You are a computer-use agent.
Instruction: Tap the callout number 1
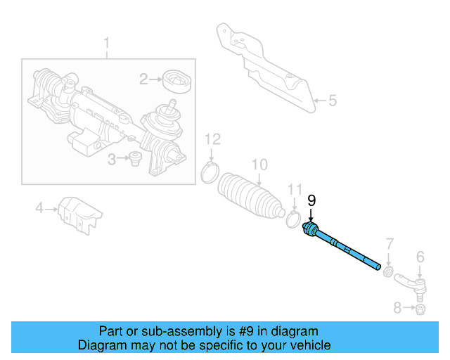[107, 47]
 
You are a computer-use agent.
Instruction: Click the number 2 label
[143, 79]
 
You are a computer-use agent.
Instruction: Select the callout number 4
[40, 207]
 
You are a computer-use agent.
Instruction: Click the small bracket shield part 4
[79, 212]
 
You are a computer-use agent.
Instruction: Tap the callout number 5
[333, 101]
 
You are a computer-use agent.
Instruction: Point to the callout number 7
[388, 245]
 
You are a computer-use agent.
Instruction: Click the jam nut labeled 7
[387, 270]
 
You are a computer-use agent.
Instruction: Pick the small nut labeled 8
[420, 309]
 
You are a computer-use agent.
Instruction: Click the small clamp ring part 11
[294, 220]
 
